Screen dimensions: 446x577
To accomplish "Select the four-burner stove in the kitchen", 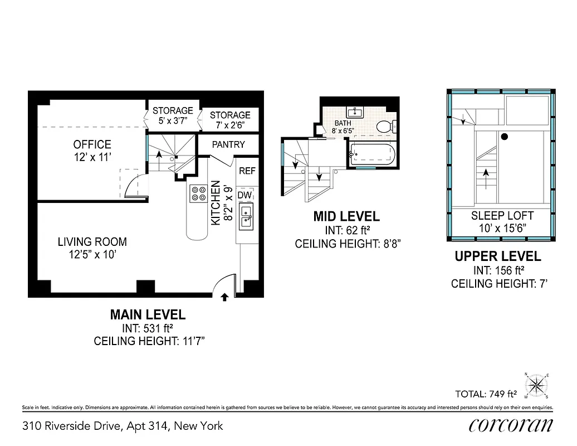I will click(198, 193).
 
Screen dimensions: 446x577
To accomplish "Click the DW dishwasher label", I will click(245, 195).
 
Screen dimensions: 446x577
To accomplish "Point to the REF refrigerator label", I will click(247, 171).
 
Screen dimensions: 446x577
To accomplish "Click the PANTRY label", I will click(228, 144).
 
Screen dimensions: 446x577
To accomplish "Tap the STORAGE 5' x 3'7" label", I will click(173, 115).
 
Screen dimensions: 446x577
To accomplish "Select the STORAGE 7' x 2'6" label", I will click(230, 120).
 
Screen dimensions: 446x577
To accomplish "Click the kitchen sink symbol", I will click(246, 217).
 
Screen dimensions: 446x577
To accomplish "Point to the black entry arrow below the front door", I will click(225, 297).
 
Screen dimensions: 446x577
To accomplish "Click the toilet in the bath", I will click(383, 127).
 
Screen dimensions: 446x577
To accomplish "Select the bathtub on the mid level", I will click(371, 154).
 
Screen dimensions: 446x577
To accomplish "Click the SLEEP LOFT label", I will click(502, 216).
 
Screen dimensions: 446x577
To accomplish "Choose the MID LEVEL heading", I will click(346, 216).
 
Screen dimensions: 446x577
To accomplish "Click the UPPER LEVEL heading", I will click(497, 256).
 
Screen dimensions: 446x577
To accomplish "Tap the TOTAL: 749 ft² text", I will click(486, 394).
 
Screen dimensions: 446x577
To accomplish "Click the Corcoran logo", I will click(511, 425).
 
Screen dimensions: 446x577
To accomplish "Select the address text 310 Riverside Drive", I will click(123, 426).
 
